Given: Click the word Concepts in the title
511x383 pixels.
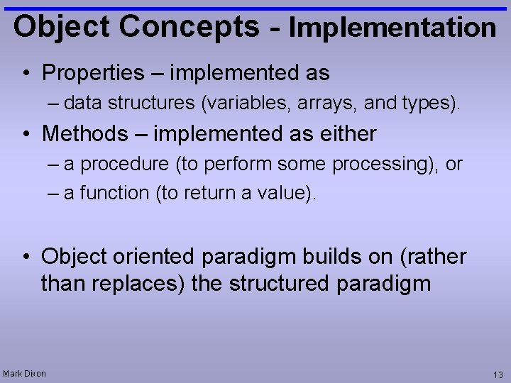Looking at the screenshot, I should pyautogui.click(x=190, y=26).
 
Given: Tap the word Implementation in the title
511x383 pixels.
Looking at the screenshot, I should pyautogui.click(x=392, y=28).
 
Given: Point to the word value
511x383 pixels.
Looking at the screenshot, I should pyautogui.click(x=282, y=193).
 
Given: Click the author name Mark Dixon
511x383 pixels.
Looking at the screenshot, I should pyautogui.click(x=24, y=373).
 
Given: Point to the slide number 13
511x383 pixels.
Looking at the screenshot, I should pyautogui.click(x=498, y=374).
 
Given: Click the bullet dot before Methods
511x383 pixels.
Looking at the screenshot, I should pyautogui.click(x=26, y=133).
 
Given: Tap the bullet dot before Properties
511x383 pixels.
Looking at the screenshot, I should pyautogui.click(x=26, y=73).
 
